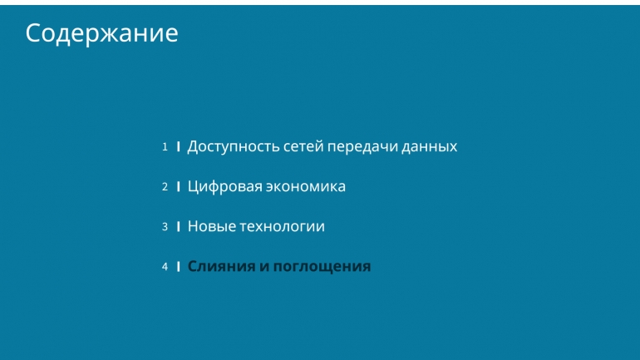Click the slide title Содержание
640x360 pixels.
[x=101, y=33]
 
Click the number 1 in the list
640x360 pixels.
[x=165, y=146]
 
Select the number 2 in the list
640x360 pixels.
[x=165, y=186]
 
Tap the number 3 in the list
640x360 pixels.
[x=165, y=226]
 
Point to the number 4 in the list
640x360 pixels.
[x=165, y=267]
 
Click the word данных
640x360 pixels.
[x=430, y=147]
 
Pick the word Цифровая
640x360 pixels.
[x=225, y=187]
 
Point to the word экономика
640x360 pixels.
[x=306, y=187]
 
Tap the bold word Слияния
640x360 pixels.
[x=222, y=267]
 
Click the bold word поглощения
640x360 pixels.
[x=322, y=267]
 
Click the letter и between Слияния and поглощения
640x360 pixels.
[x=264, y=267]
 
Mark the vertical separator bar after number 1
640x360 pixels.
[x=179, y=146]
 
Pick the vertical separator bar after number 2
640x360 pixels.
[x=179, y=186]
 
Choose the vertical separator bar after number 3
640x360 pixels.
[x=179, y=226]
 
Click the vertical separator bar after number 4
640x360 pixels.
[x=179, y=267]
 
